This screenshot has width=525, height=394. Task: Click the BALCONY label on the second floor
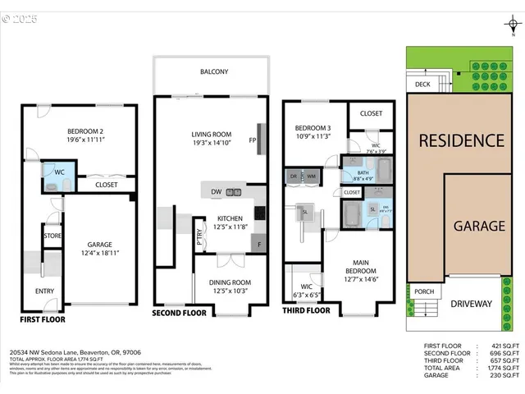point(214,72)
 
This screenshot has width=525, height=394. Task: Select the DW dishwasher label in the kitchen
point(215,193)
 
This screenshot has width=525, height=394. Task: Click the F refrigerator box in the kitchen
point(260,245)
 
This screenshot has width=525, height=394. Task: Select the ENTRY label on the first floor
point(44,291)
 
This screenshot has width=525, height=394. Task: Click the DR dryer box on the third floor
point(294,176)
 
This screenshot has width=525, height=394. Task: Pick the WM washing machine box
point(312,176)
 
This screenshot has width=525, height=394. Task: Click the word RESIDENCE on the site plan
point(461,140)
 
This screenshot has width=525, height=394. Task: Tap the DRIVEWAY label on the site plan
point(472,304)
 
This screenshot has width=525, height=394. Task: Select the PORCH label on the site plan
point(424,291)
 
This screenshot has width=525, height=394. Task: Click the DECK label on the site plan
point(422,84)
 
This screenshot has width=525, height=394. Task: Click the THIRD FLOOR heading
point(306,311)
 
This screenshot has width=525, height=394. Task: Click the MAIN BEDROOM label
point(350,266)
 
